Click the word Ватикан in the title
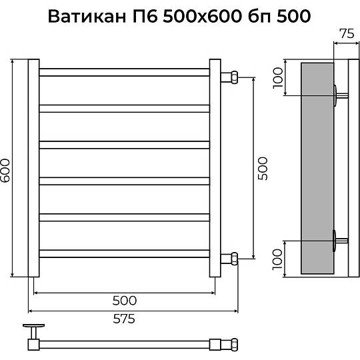coord(87,16)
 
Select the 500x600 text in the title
coord(202,16)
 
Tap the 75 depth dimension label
coord(347,34)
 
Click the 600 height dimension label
coord(5,171)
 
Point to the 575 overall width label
coord(124,319)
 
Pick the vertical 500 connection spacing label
coord(263,169)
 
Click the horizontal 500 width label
coord(125,301)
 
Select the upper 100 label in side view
coord(278,77)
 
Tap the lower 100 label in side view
coord(277,259)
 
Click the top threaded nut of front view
coord(235,77)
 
